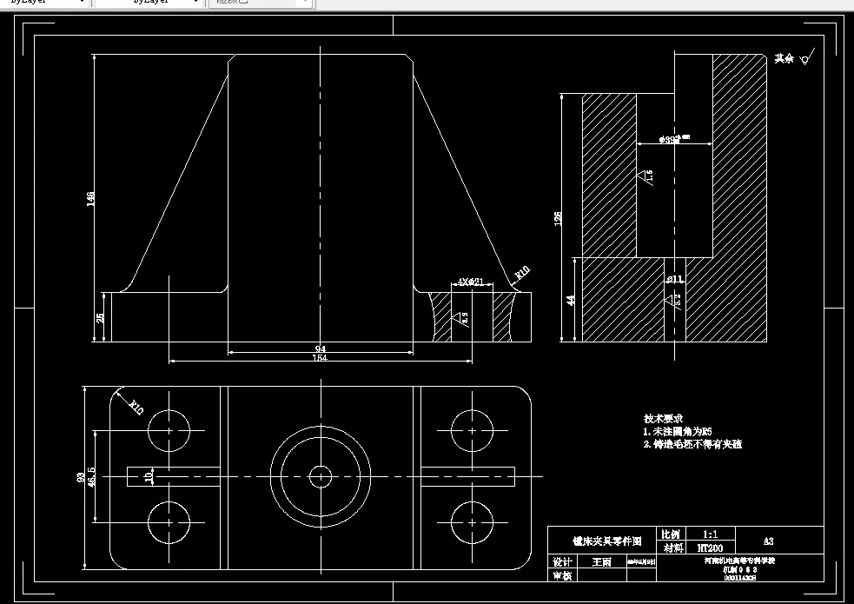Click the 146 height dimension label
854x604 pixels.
[x=90, y=199]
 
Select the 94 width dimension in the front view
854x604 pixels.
[x=320, y=349]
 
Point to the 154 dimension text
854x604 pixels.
[x=320, y=358]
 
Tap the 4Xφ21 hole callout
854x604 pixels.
[x=470, y=282]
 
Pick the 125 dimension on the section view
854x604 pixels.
[x=558, y=217]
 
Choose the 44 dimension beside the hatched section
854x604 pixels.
[x=571, y=300]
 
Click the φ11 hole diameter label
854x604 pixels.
[x=676, y=280]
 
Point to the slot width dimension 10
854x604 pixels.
[x=149, y=476]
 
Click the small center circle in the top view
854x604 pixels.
[x=321, y=475]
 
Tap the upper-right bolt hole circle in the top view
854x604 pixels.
[x=473, y=430]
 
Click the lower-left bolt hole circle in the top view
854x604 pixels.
[x=169, y=522]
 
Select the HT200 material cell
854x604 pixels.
[x=710, y=548]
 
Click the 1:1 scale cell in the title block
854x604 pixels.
[x=710, y=534]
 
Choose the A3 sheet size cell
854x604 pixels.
[x=769, y=541]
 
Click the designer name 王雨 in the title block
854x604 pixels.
[x=601, y=562]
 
